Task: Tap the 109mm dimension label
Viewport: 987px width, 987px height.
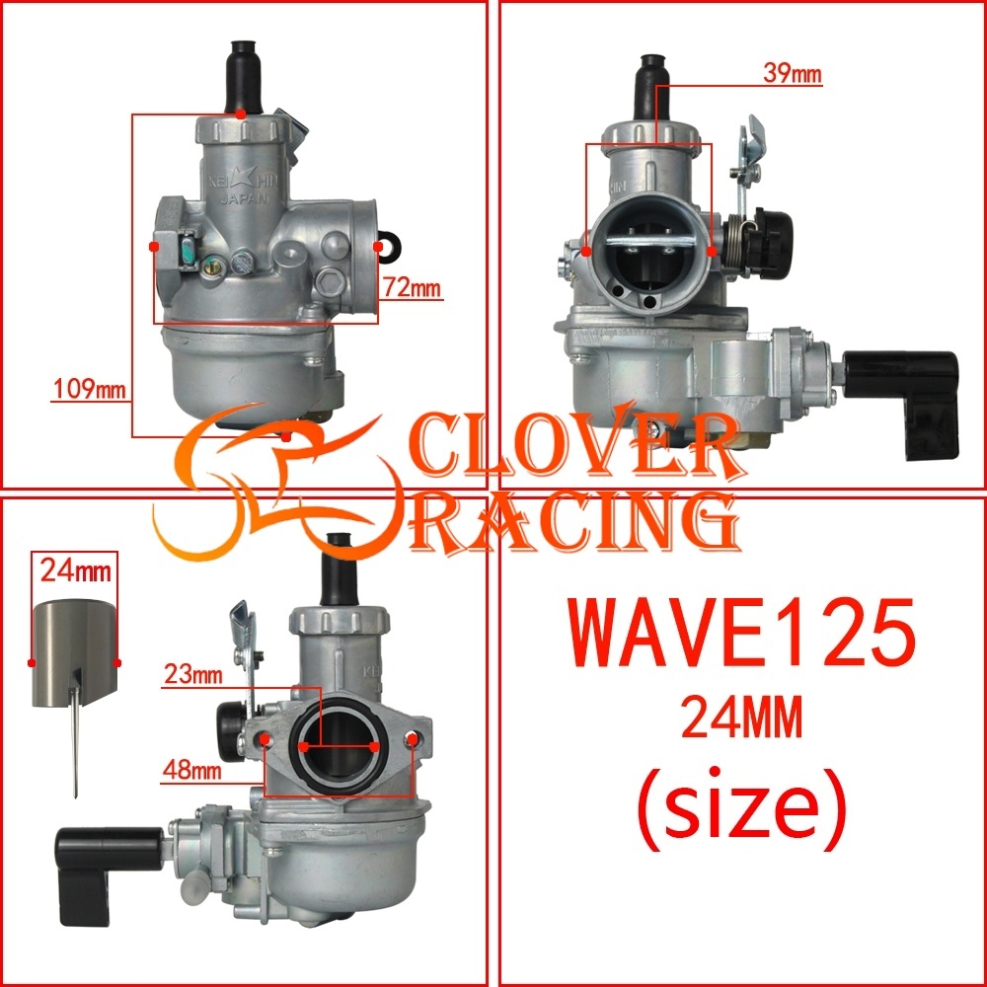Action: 89,388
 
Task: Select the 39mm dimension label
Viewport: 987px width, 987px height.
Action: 793,73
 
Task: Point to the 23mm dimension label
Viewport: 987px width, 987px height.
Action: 193,675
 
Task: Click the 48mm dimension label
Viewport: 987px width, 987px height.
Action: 192,769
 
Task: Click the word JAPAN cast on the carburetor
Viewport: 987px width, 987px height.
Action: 244,199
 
